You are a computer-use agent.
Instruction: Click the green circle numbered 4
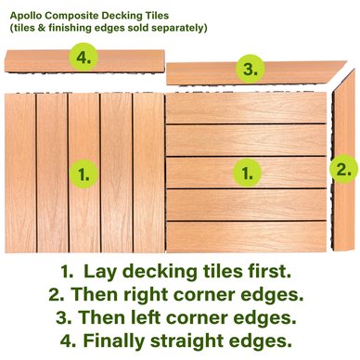coord(84,58)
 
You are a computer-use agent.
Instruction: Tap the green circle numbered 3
coord(251,69)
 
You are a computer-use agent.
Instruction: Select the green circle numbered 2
coord(343,169)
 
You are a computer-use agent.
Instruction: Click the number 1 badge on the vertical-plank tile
coord(84,174)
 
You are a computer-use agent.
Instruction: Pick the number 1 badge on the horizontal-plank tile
coord(247,174)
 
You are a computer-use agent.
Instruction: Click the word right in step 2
coord(147,294)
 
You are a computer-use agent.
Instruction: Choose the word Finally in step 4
coord(114,341)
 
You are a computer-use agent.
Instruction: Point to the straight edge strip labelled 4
coord(84,61)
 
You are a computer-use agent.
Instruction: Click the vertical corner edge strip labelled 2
coord(343,160)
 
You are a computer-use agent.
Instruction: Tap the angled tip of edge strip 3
coord(346,61)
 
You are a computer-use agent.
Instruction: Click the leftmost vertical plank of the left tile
coord(20,173)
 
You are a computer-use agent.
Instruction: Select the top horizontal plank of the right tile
coord(246,109)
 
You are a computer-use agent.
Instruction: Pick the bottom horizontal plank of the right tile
coord(246,237)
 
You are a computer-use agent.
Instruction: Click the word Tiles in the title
coord(157,16)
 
